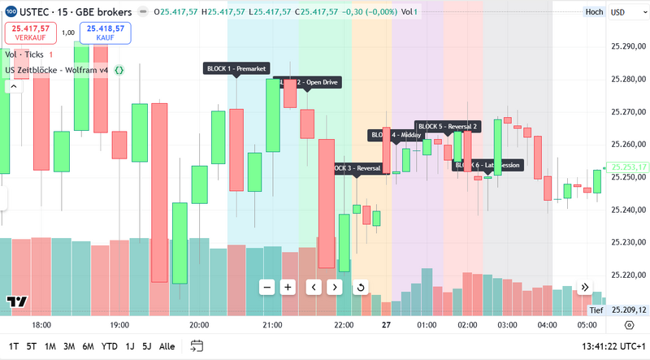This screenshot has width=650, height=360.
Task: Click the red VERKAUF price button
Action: coord(30,33)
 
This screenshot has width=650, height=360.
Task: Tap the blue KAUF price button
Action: coord(105,33)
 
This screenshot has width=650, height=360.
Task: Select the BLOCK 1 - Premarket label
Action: coord(236,68)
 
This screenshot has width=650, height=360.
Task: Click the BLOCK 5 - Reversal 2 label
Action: coord(448,127)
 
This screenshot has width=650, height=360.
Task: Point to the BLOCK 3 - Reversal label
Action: coord(357,168)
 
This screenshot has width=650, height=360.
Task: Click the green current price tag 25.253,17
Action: coord(629,167)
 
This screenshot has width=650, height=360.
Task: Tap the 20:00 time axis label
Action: coord(199,325)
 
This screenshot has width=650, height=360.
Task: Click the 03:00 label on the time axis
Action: coord(508,325)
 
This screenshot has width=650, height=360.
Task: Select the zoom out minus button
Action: coord(266,287)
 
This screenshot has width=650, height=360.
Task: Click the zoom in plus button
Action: coord(288,287)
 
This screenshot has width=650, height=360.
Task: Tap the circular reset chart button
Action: coord(361,287)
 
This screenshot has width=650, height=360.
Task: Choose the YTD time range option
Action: coord(110,346)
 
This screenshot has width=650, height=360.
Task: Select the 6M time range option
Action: coord(88,346)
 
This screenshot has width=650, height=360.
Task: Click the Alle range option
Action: coord(167,346)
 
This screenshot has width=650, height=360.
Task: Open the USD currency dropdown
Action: coord(623,12)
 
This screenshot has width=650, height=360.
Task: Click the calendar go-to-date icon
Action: coord(197,346)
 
